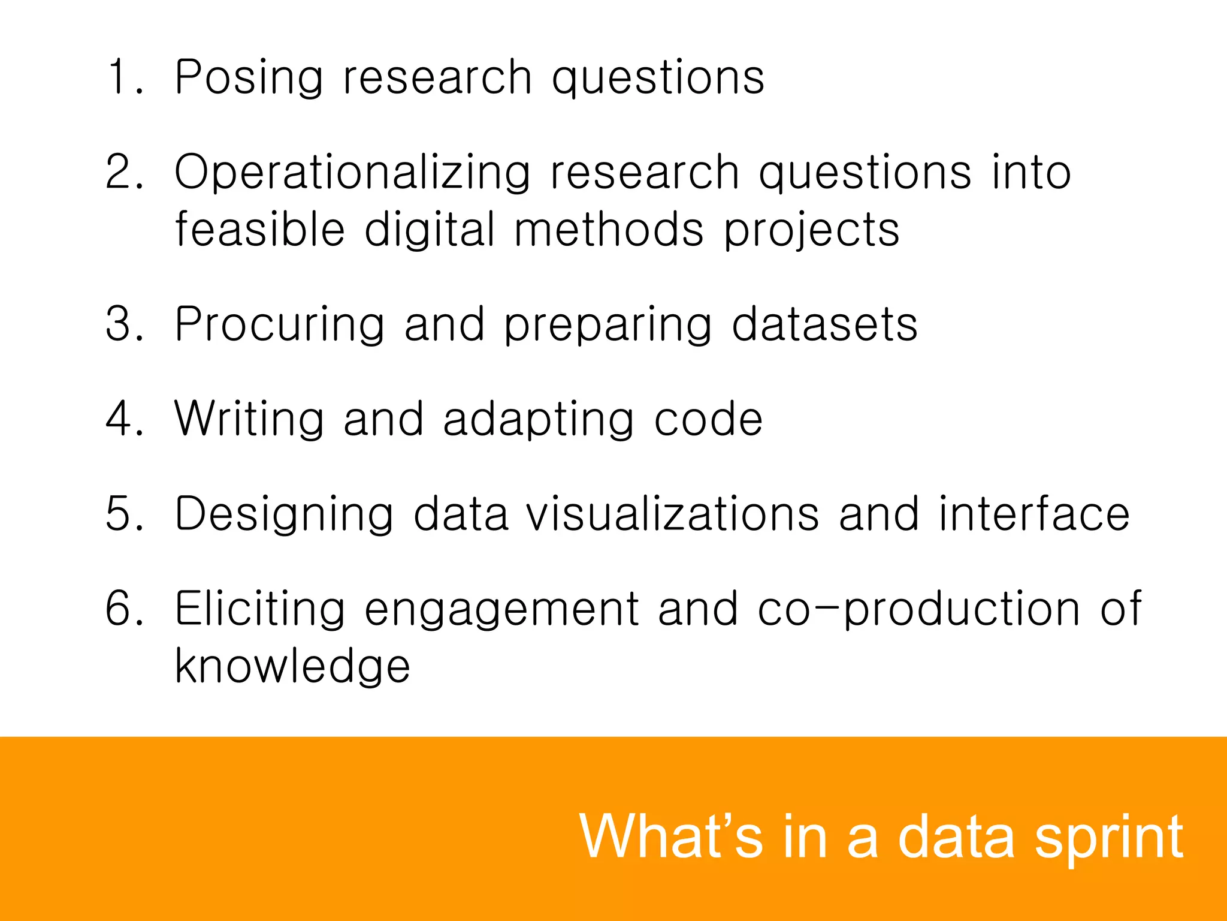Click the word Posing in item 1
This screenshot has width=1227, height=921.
coord(249,78)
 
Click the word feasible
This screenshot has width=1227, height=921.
coord(260,229)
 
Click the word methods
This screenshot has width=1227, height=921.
coord(609,229)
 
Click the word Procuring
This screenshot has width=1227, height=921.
coord(279,324)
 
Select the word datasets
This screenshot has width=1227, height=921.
coord(824,324)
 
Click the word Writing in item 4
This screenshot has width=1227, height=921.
coord(249,419)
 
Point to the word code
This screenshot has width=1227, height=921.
coord(708,419)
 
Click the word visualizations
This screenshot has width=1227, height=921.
coord(672,514)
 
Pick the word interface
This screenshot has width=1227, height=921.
coord(1034,514)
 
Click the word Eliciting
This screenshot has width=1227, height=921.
coord(260,609)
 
